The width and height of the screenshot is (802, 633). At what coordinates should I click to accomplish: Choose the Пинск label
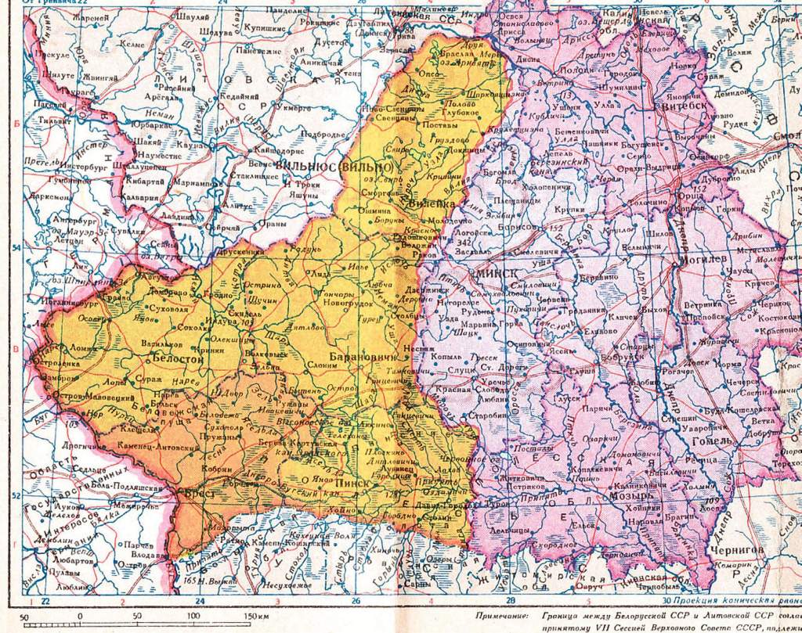[349, 484]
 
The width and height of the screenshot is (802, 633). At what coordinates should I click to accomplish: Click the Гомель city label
[710, 440]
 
